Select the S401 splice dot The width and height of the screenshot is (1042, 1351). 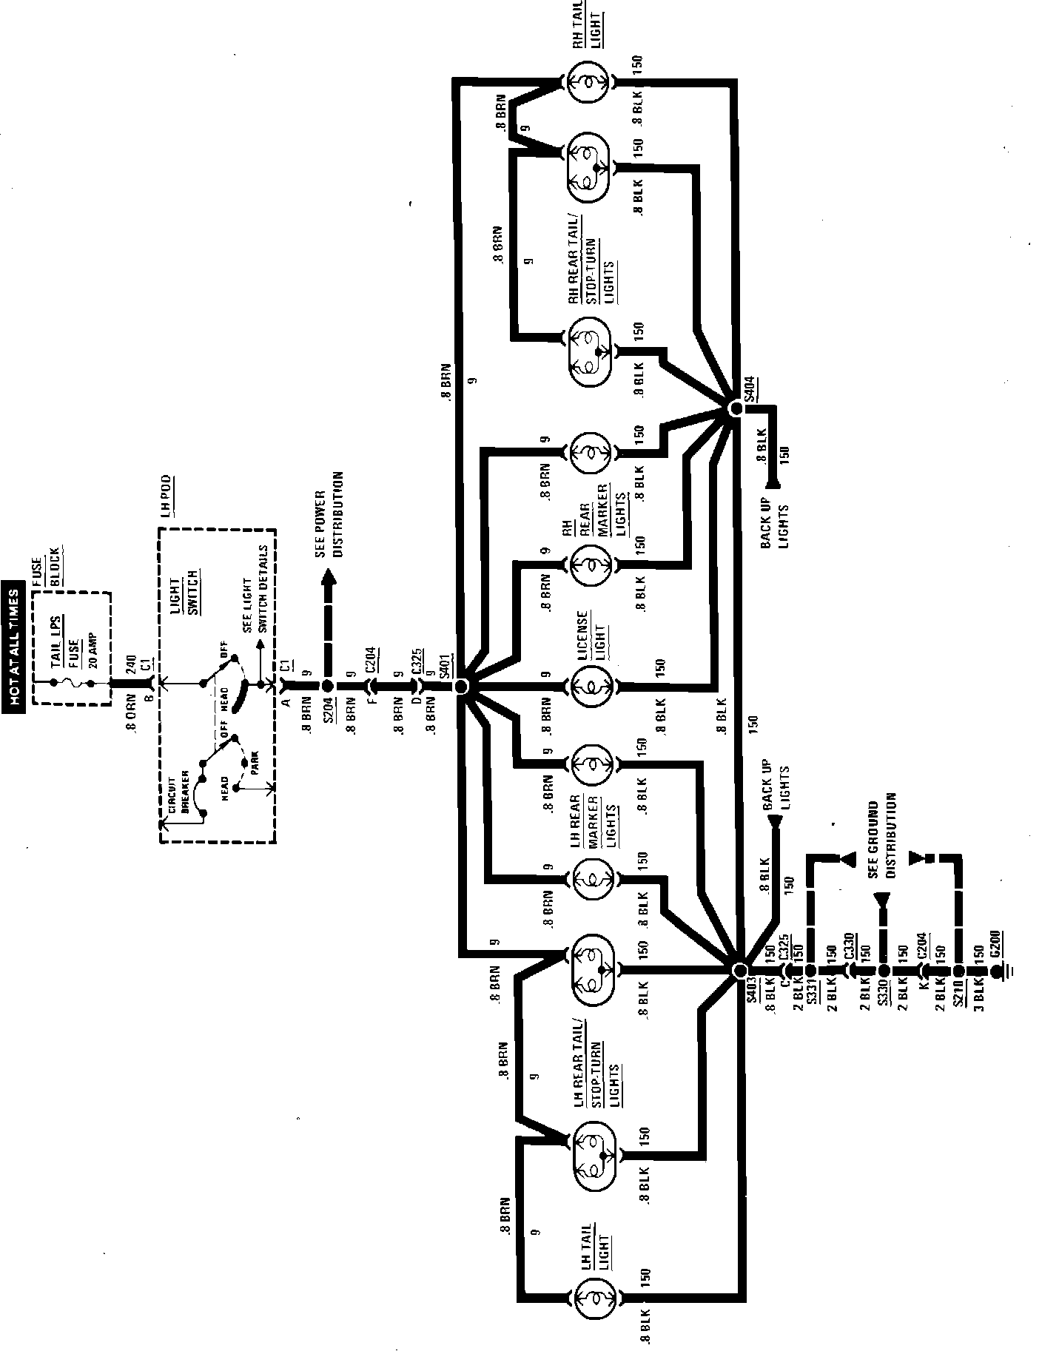(463, 687)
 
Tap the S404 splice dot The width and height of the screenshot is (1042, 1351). (735, 408)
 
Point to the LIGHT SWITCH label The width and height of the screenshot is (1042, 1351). (182, 592)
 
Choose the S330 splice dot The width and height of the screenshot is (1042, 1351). (883, 970)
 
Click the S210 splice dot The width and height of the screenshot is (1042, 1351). (958, 970)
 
